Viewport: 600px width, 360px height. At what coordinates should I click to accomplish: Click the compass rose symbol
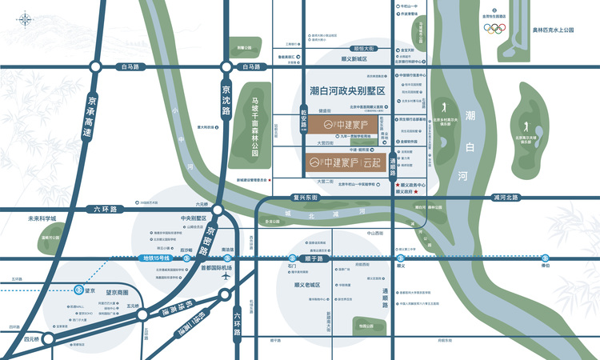25,18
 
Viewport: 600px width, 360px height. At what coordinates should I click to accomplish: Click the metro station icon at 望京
78,290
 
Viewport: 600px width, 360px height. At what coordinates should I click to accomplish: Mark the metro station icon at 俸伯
546,258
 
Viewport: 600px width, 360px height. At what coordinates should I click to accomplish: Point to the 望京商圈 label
114,294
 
